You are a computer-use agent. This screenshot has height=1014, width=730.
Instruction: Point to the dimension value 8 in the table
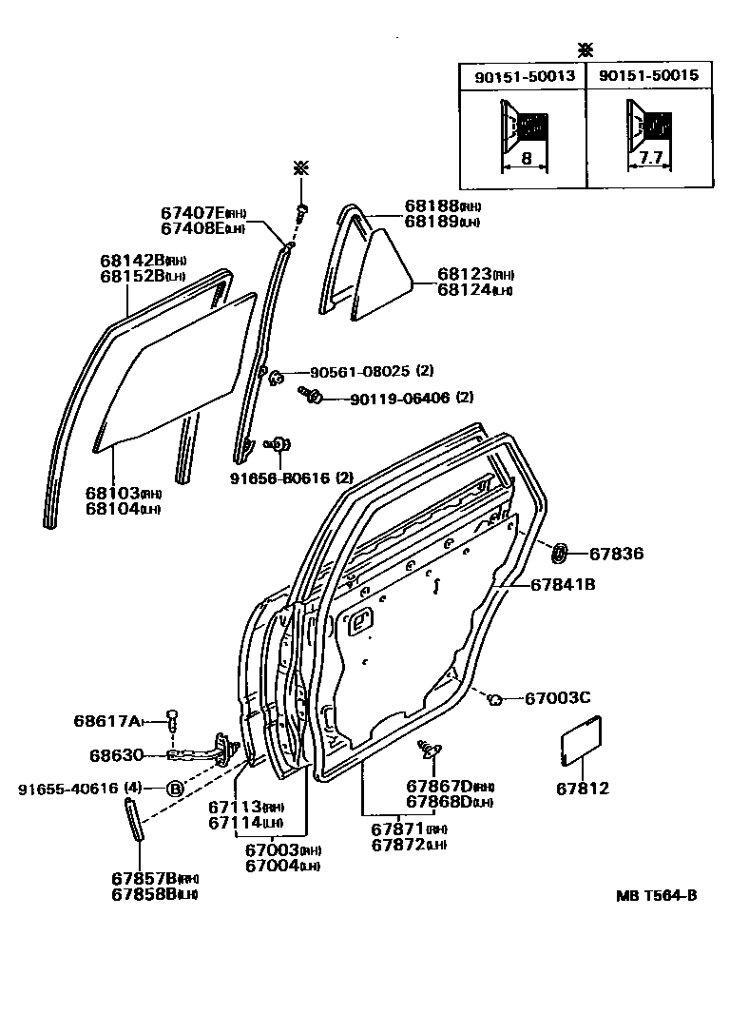pos(526,161)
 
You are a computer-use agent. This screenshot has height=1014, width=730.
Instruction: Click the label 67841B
pos(563,585)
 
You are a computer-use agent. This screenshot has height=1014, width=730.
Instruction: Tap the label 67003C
pos(558,698)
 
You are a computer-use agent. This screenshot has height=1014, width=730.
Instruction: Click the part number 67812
pos(583,789)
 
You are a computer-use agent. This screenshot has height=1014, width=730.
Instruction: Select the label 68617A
pos(106,720)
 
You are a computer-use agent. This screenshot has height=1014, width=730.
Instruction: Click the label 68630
pos(117,755)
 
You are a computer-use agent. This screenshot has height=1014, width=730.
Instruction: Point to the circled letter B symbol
pos(176,789)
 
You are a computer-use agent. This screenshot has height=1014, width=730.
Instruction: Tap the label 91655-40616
pos(68,789)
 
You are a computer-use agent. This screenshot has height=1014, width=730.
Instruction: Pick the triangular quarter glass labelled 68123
pos(385,271)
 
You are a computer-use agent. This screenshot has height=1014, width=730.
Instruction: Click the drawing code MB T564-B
pos(656,895)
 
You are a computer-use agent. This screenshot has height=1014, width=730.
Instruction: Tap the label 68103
pos(112,493)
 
